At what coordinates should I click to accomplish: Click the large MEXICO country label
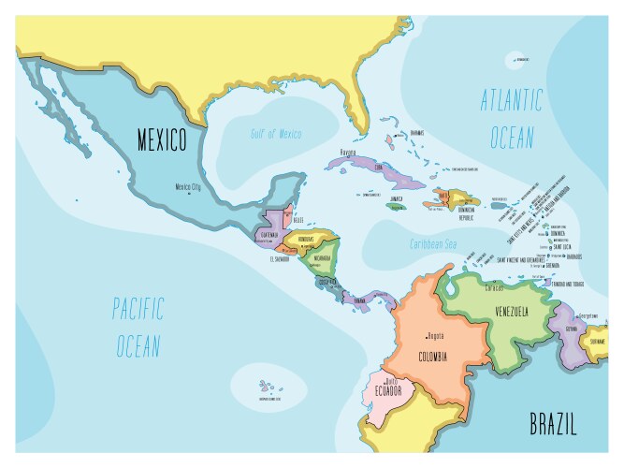pyautogui.click(x=162, y=140)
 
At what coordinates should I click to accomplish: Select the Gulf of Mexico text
pyautogui.click(x=275, y=134)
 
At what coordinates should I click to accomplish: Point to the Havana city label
pyautogui.click(x=348, y=152)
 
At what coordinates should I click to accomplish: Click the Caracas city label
pyautogui.click(x=473, y=288)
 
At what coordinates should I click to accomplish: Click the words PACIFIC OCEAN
pyautogui.click(x=137, y=327)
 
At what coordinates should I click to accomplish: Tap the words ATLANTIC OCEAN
pyautogui.click(x=511, y=119)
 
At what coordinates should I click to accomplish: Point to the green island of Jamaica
pyautogui.click(x=396, y=205)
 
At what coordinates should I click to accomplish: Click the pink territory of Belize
pyautogui.click(x=288, y=217)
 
